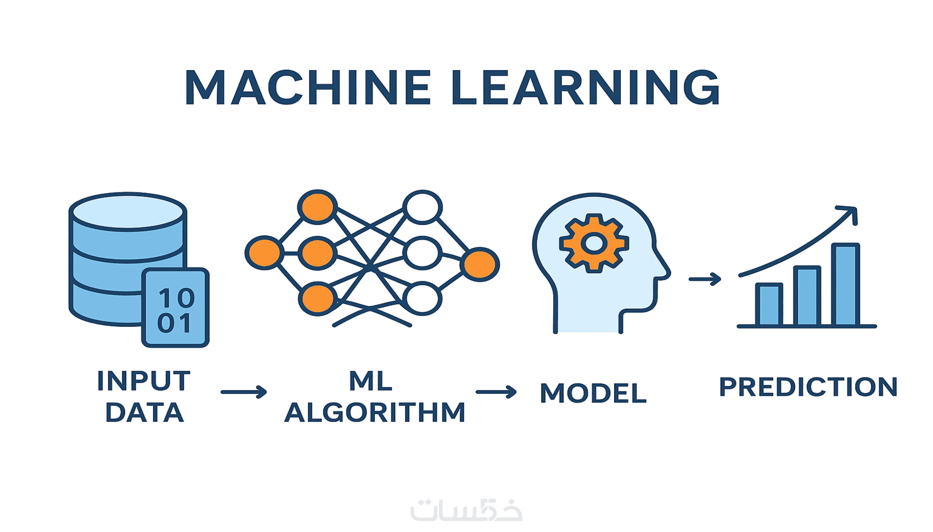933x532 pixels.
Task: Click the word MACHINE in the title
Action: tap(308, 88)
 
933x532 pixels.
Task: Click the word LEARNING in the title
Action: tap(585, 88)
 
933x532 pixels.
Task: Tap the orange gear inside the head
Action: tap(594, 243)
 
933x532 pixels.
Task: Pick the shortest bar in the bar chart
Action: tap(769, 304)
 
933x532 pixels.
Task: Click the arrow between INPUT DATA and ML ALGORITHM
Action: tap(244, 392)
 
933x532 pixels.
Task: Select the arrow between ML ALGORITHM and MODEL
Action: tap(496, 392)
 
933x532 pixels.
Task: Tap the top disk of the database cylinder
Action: tap(128, 211)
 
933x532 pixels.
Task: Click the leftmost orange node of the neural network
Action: tap(264, 253)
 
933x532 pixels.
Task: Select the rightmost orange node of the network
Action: tap(480, 264)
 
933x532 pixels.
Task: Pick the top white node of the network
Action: tap(422, 207)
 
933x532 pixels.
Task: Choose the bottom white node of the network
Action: tap(422, 299)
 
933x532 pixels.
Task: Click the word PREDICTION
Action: tap(808, 387)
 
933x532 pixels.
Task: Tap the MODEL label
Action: tap(593, 393)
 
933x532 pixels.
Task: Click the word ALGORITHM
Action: tap(375, 413)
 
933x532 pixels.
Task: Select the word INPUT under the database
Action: tap(144, 381)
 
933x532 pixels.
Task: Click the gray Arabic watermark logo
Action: tap(466, 510)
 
